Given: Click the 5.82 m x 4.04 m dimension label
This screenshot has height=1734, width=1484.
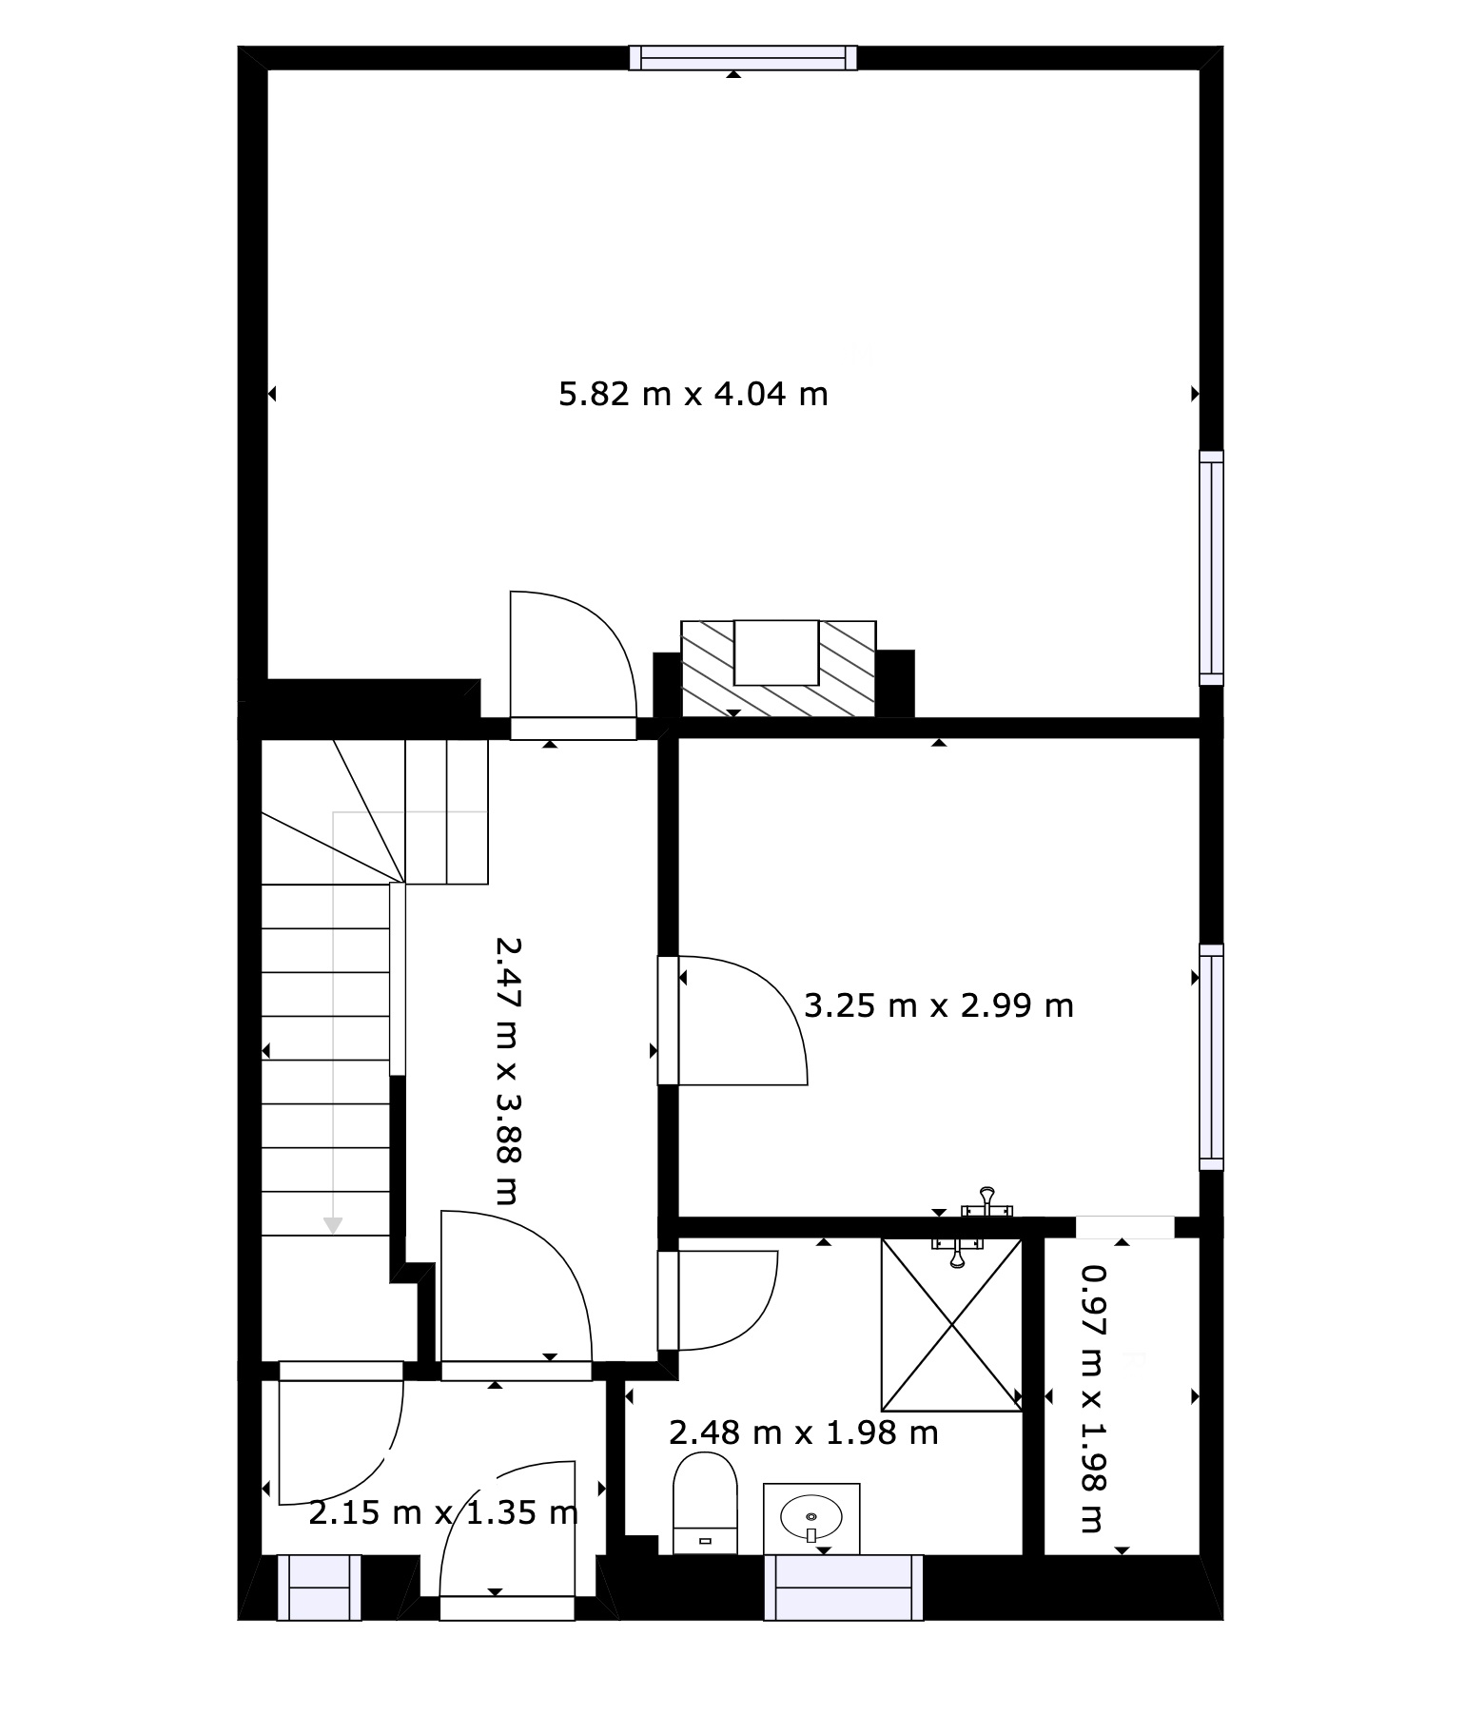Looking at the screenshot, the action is tap(693, 393).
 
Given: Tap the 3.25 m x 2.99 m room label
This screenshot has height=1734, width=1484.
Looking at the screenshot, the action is tap(939, 1004).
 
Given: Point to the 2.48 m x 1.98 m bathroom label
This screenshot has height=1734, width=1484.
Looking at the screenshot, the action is tap(804, 1432).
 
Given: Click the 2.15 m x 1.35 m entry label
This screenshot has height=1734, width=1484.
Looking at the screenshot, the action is tap(443, 1511).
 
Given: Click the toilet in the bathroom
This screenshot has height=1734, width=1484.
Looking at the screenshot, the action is tap(705, 1504).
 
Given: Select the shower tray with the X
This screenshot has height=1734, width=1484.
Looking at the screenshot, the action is tap(951, 1324).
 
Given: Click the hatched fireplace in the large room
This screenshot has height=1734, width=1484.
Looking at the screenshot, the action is tap(778, 669).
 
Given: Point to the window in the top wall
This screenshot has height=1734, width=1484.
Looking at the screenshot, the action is tap(743, 58).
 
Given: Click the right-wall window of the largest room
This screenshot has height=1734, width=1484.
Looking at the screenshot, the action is tap(1211, 568).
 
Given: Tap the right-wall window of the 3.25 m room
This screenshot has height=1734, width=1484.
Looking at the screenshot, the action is tap(1211, 1057).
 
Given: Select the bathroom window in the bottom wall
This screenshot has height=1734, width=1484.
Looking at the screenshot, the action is tap(844, 1587).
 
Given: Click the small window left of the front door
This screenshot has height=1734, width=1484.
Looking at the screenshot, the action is tap(319, 1587).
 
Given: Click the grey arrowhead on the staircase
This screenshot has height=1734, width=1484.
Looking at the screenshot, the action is tap(332, 1225).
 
